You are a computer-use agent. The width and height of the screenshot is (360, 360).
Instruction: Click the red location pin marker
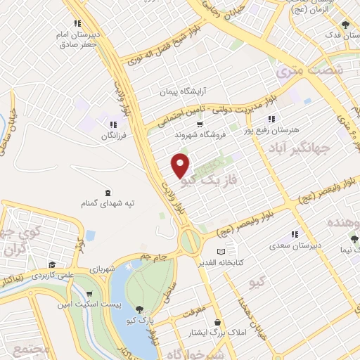pos(181,165)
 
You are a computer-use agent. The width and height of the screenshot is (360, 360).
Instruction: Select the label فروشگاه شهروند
pos(200,135)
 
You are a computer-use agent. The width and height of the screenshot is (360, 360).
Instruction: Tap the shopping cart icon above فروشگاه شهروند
pos(200,124)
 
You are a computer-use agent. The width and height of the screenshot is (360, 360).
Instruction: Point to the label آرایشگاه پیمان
pos(184,91)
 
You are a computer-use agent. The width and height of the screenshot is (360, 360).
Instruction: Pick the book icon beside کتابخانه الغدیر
pos(221,251)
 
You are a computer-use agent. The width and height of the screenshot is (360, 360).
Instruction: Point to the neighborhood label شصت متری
pos(309,70)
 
